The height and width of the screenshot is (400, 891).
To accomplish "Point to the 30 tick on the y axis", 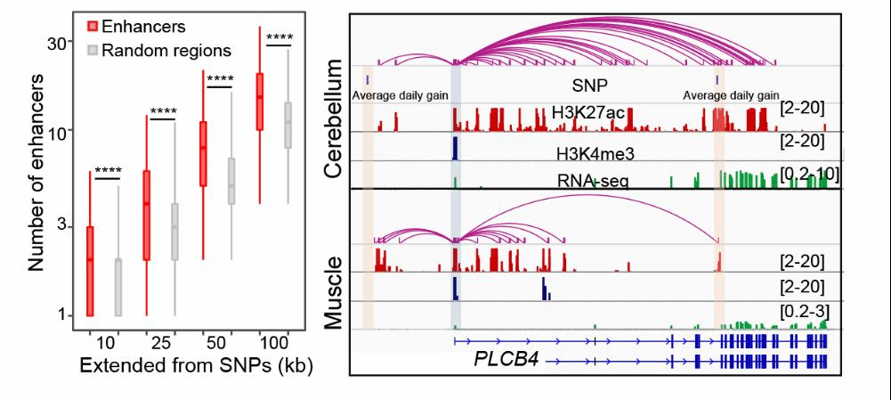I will pyautogui.click(x=58, y=43).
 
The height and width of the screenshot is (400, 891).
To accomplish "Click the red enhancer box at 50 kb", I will pyautogui.click(x=203, y=153).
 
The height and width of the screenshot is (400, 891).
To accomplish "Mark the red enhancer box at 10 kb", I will pyautogui.click(x=89, y=271).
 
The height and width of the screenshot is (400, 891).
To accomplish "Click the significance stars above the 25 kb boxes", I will pyautogui.click(x=164, y=111).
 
